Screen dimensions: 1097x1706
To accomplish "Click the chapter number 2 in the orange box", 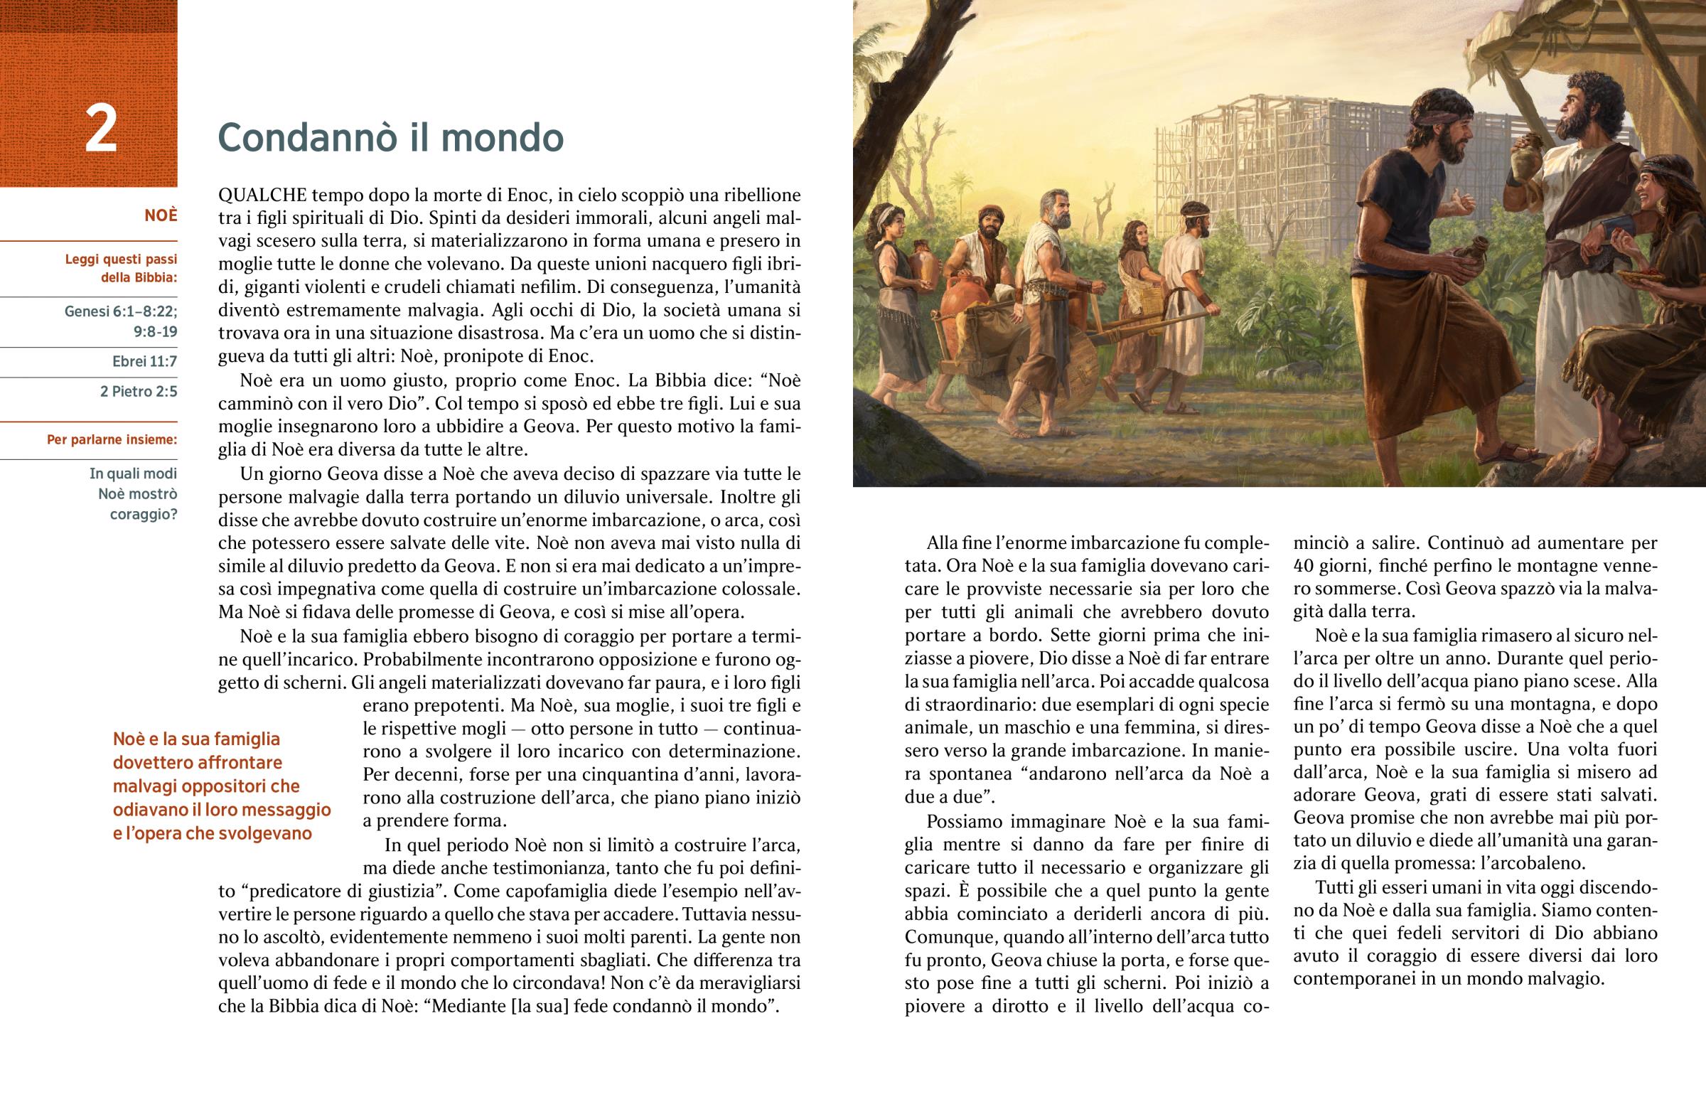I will (100, 129).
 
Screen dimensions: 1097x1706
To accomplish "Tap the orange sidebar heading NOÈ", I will (161, 215).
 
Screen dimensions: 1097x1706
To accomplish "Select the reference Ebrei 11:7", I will (144, 361).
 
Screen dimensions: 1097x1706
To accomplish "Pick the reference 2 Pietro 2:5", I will (139, 391).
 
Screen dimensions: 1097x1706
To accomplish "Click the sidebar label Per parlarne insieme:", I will (112, 439).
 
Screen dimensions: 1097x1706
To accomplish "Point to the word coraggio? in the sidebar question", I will (143, 514).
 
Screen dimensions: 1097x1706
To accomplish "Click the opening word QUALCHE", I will (262, 196).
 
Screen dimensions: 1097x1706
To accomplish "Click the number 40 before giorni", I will (1304, 566).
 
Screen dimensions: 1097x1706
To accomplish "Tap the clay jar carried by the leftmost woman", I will (924, 264).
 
